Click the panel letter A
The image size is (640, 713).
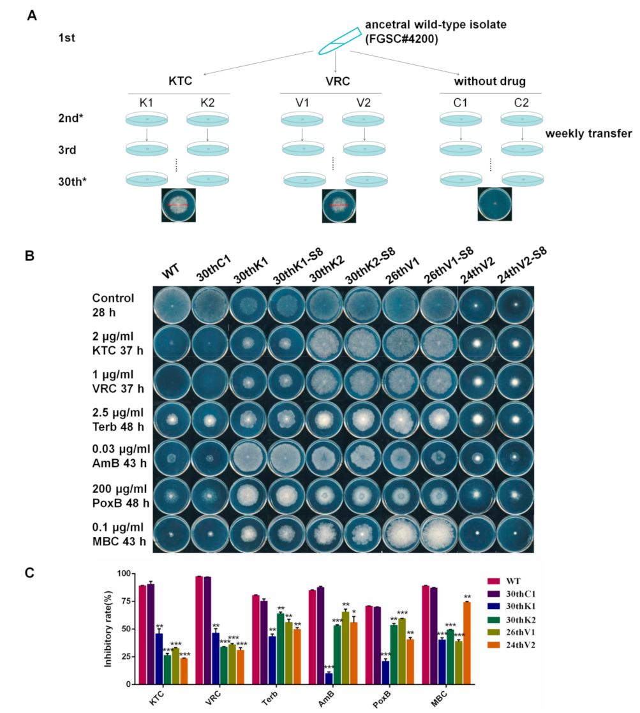(x=31, y=15)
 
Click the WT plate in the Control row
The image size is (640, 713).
(x=172, y=305)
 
